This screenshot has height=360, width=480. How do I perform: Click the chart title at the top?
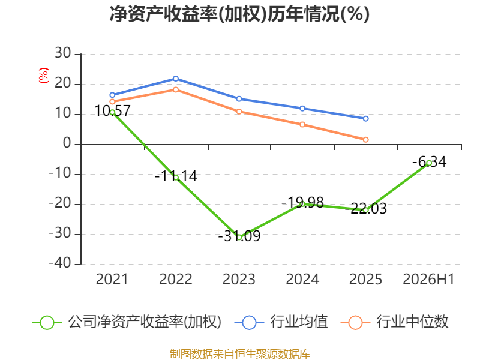tap(239, 14)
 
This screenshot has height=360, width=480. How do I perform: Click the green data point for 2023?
tap(239, 237)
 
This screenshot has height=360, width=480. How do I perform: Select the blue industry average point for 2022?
tap(176, 79)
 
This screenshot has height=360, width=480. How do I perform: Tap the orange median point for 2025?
tap(366, 140)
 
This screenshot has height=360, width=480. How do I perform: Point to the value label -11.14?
tap(176, 176)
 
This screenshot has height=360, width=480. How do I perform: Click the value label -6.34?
tap(430, 162)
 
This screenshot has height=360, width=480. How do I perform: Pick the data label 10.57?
tap(112, 111)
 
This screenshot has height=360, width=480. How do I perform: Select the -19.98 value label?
tap(302, 203)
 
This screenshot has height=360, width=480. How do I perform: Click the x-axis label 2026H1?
tap(428, 280)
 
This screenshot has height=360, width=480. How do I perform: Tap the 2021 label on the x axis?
tap(112, 280)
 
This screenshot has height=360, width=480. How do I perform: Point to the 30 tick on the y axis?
tap(63, 53)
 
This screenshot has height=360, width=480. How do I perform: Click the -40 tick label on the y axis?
tap(60, 263)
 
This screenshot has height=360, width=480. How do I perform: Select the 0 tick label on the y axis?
tap(67, 143)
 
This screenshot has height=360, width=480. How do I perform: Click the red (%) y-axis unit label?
tap(44, 76)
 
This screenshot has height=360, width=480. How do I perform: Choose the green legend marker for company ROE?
tap(47, 323)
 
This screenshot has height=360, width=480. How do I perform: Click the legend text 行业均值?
tap(299, 322)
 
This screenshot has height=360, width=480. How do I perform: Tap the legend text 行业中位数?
tap(412, 322)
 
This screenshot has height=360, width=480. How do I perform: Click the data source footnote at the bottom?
tap(240, 354)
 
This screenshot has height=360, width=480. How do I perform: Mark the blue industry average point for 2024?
tap(302, 109)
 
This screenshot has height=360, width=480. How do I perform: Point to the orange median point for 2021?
tap(112, 101)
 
